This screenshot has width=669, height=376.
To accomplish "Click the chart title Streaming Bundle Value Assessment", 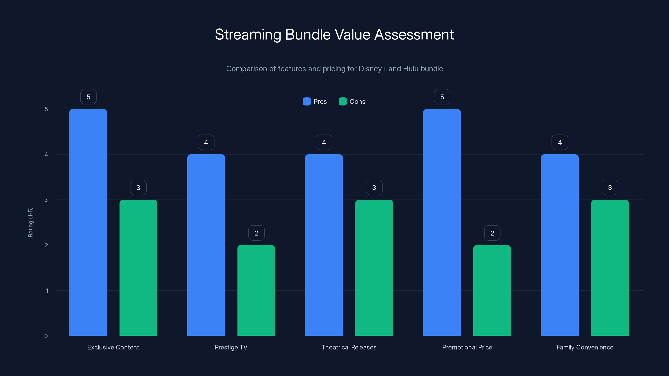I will pyautogui.click(x=334, y=34).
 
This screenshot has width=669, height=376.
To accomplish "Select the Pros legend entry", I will pyautogui.click(x=315, y=102).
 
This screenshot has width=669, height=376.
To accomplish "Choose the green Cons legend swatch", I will pyautogui.click(x=343, y=102).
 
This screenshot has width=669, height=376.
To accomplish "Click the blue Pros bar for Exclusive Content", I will pyautogui.click(x=88, y=222).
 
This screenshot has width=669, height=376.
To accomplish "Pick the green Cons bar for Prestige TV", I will pyautogui.click(x=256, y=290).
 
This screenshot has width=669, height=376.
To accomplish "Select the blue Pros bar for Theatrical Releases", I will pyautogui.click(x=324, y=245).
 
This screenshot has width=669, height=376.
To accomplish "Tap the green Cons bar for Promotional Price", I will pyautogui.click(x=492, y=290).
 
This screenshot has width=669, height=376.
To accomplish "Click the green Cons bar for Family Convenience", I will pyautogui.click(x=610, y=268).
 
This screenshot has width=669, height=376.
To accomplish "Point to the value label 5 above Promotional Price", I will pyautogui.click(x=442, y=97).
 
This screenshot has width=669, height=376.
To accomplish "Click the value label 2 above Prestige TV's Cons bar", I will pyautogui.click(x=256, y=233).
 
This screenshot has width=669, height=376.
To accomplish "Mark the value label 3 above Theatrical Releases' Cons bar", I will pyautogui.click(x=374, y=188).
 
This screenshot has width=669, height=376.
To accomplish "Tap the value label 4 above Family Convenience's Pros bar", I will pyautogui.click(x=560, y=142).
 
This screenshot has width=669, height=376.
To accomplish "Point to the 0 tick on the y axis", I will pyautogui.click(x=46, y=336).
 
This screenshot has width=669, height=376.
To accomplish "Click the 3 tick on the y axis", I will pyautogui.click(x=46, y=200).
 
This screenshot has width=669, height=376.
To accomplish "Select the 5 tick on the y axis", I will pyautogui.click(x=46, y=109).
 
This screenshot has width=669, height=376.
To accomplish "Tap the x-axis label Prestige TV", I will pyautogui.click(x=231, y=347).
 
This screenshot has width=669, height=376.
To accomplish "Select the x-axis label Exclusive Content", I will pyautogui.click(x=113, y=347).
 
